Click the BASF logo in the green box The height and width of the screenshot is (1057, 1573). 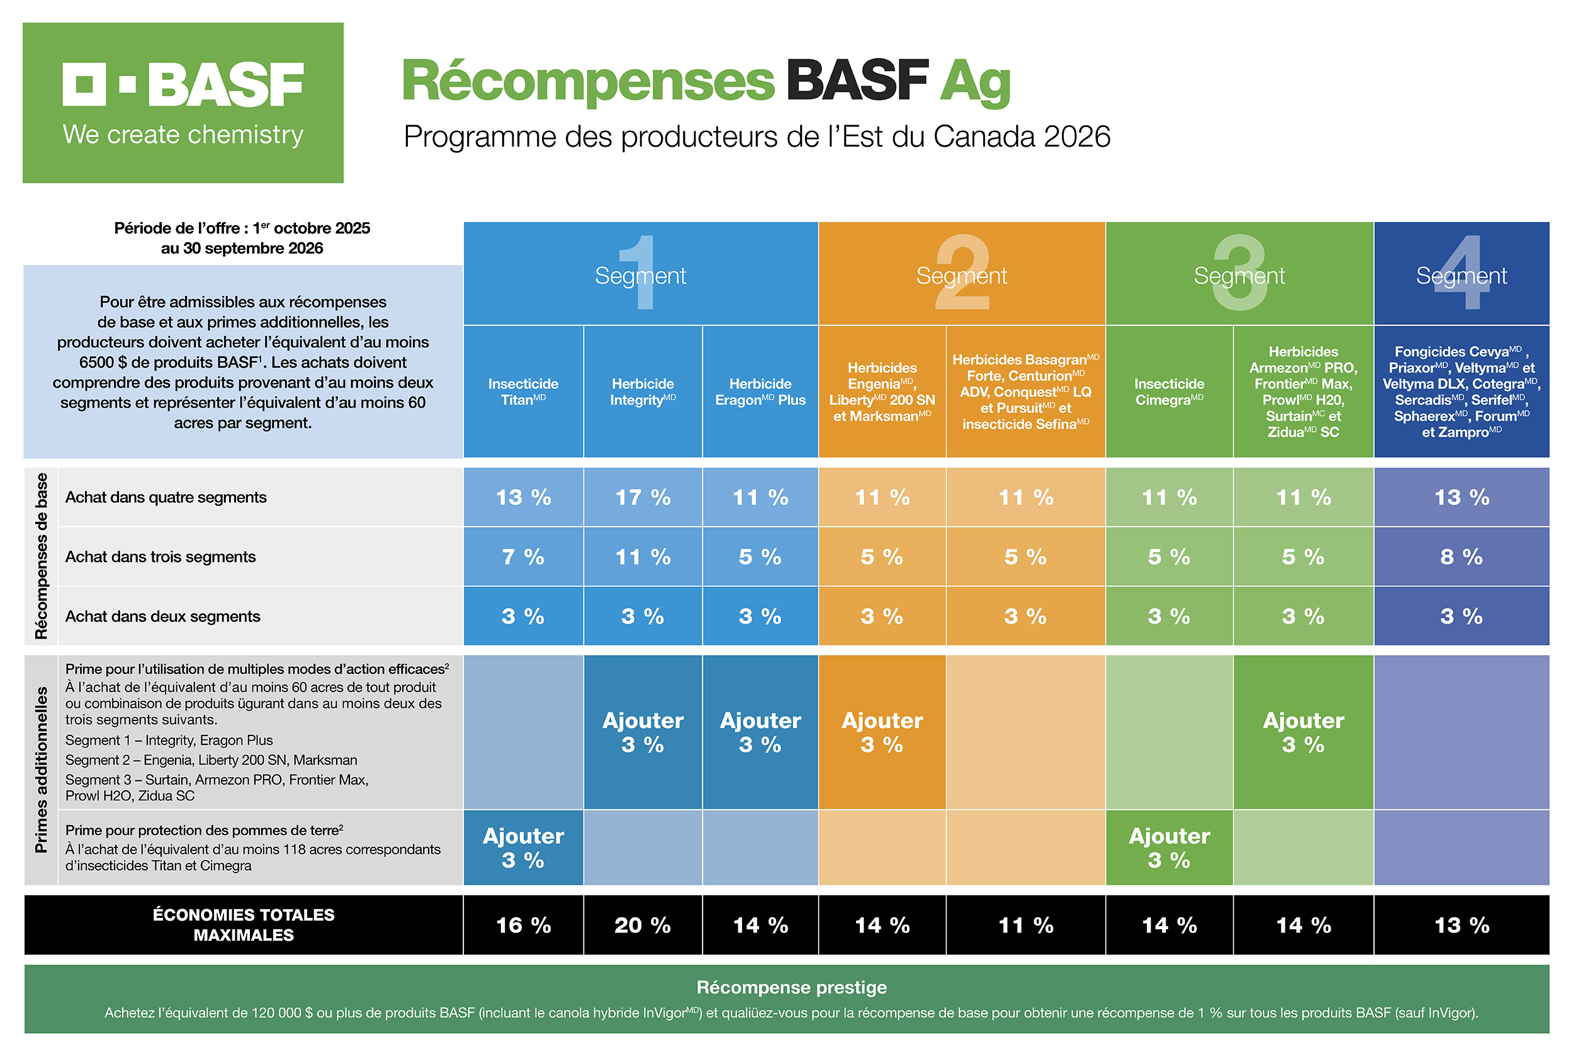(x=183, y=85)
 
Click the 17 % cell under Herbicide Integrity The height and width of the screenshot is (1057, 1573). (x=643, y=498)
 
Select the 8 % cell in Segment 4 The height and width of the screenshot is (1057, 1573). (x=1461, y=557)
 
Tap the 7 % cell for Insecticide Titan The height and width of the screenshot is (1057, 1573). (x=523, y=557)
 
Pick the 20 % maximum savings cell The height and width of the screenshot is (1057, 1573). (x=643, y=925)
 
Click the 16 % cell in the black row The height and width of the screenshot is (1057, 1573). (x=523, y=925)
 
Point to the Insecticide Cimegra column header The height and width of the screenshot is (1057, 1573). (x=1168, y=391)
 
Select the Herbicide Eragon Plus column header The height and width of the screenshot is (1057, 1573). (x=760, y=391)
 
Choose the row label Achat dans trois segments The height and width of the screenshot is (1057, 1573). (x=161, y=557)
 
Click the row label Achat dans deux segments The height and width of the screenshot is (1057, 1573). (x=162, y=616)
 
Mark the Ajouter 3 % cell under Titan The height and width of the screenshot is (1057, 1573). (x=523, y=847)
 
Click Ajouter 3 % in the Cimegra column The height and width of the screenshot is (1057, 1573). (x=1168, y=847)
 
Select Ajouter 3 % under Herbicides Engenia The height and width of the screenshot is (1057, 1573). (x=882, y=732)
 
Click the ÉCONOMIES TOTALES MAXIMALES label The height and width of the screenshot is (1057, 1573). (x=244, y=925)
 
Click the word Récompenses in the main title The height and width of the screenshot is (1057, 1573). (x=588, y=81)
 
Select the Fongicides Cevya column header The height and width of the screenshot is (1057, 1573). (x=1461, y=391)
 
